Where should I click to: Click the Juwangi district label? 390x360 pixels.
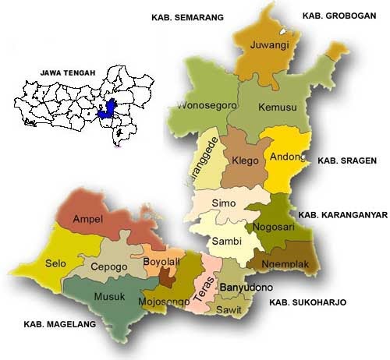[269, 46]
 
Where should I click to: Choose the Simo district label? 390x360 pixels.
[224, 203]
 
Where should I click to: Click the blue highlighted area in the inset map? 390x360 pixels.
[111, 108]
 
